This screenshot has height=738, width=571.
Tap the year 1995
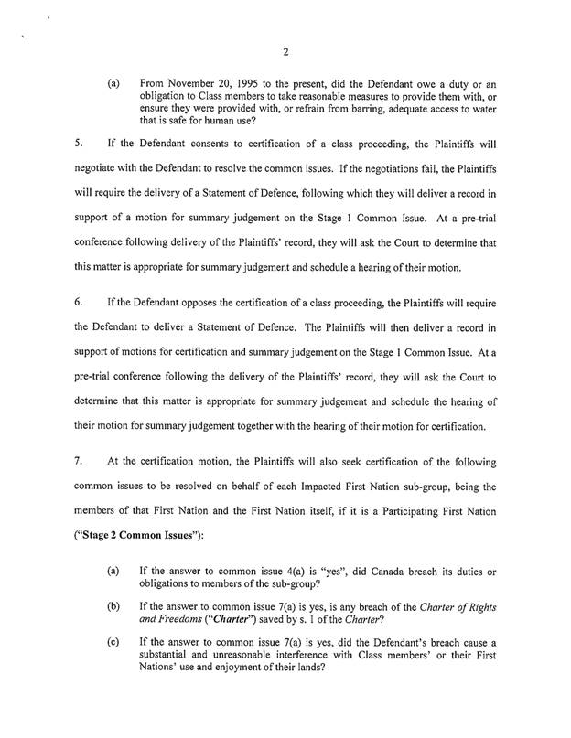point(250,82)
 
